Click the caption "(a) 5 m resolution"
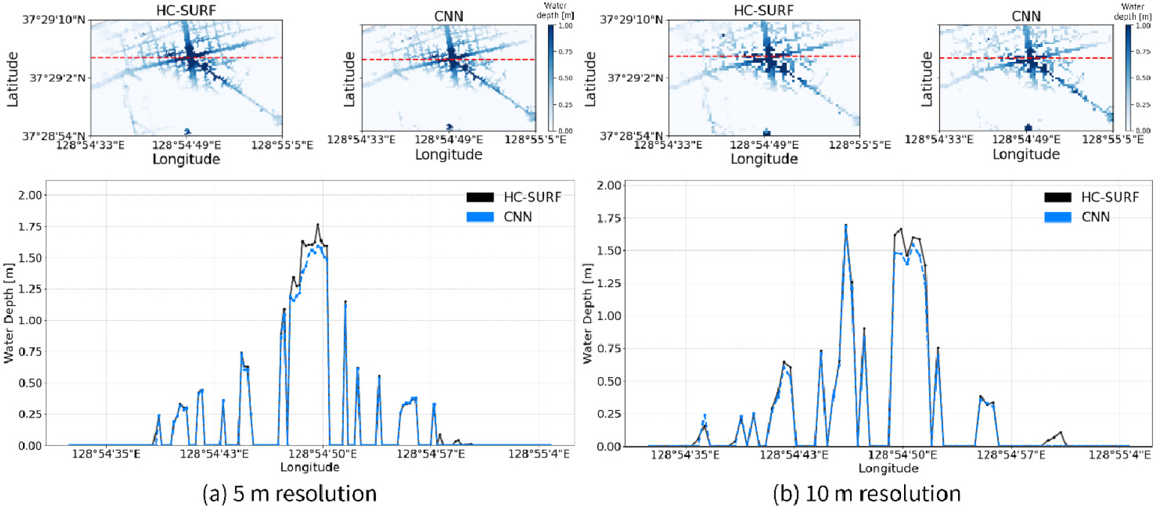coord(289,494)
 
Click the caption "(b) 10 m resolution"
coord(866,494)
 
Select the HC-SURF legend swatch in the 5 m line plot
coord(480,197)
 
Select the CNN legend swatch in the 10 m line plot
coord(1057,217)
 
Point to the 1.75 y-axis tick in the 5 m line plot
coord(30,226)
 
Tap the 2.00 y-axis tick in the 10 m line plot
coord(609,185)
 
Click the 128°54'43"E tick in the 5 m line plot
coord(214,454)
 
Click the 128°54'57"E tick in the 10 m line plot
coord(1011,455)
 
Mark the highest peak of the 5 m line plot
coord(318,225)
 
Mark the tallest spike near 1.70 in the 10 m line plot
coord(846,226)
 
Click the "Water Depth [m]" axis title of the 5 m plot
coord(9,313)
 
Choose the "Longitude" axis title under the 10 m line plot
coord(888,468)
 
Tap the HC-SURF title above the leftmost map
coord(186,11)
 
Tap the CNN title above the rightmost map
coord(1026,16)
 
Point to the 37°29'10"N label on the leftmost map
coord(54,20)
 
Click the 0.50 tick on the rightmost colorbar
coord(1143,78)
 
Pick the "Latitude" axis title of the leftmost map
coord(12,79)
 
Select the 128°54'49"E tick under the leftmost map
coord(186,145)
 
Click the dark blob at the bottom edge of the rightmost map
coord(1028,127)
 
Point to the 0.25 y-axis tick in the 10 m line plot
coord(609,414)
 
